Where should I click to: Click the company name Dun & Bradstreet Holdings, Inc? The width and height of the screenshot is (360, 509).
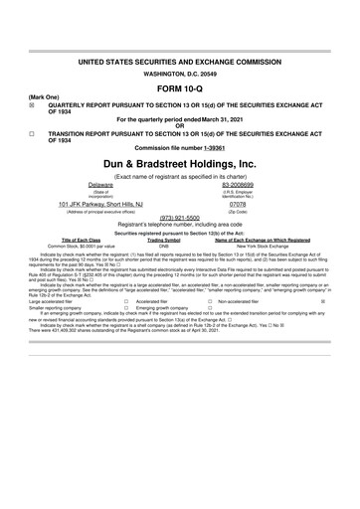point(180,161)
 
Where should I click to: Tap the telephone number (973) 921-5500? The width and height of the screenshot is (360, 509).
point(180,218)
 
